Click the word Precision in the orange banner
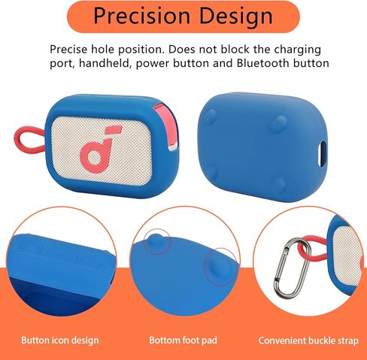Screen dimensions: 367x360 tap(142, 16)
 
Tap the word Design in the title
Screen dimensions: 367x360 tap(236, 17)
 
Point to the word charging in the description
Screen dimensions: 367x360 tap(297, 50)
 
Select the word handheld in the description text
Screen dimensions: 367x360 tap(105, 63)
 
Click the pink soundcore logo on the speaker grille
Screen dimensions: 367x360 tap(99, 148)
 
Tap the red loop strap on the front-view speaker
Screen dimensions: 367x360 tap(29, 140)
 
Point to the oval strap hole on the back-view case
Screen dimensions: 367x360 tap(322, 153)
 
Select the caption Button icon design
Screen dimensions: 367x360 tap(60, 340)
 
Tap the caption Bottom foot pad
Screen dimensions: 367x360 tap(183, 340)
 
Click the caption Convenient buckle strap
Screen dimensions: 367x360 tap(308, 340)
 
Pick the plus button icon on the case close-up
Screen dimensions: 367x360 tap(100, 263)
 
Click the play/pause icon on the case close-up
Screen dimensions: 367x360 tap(78, 259)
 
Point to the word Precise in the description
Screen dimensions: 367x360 tap(68, 50)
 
